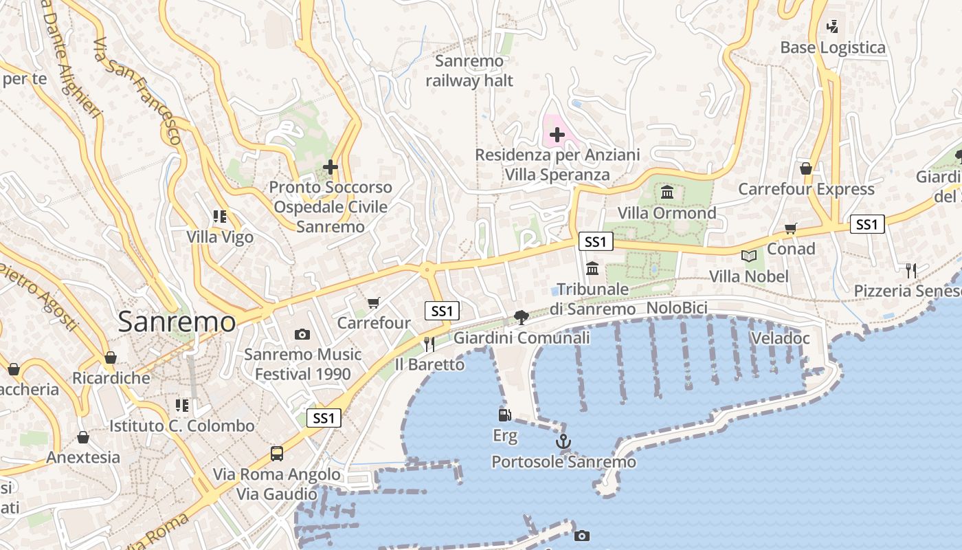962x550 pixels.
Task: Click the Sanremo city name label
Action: pos(177,322)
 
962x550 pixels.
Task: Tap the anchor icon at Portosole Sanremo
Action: pos(563,441)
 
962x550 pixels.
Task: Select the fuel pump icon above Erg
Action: pos(505,415)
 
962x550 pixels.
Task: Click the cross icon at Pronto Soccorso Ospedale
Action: pos(331,167)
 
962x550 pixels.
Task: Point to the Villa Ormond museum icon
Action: pos(667,192)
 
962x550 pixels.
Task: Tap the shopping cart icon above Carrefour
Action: pos(374,302)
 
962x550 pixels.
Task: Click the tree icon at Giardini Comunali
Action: pos(522,317)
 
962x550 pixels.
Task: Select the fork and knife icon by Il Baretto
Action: pos(429,344)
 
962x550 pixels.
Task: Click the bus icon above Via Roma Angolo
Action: pos(277,454)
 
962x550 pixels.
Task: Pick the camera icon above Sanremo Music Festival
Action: pos(302,335)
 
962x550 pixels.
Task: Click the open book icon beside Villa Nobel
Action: pos(749,256)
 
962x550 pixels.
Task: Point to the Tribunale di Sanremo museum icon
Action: pos(592,268)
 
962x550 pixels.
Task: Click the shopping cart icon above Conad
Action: pos(791,228)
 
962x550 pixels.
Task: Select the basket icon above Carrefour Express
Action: pos(806,168)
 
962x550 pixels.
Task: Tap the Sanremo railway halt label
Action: pos(469,71)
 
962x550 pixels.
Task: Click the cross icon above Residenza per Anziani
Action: pos(557,135)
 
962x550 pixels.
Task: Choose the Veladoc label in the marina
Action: pos(781,338)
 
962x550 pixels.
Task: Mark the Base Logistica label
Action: pos(833,47)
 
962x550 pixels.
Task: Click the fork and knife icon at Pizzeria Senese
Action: pos(911,270)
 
